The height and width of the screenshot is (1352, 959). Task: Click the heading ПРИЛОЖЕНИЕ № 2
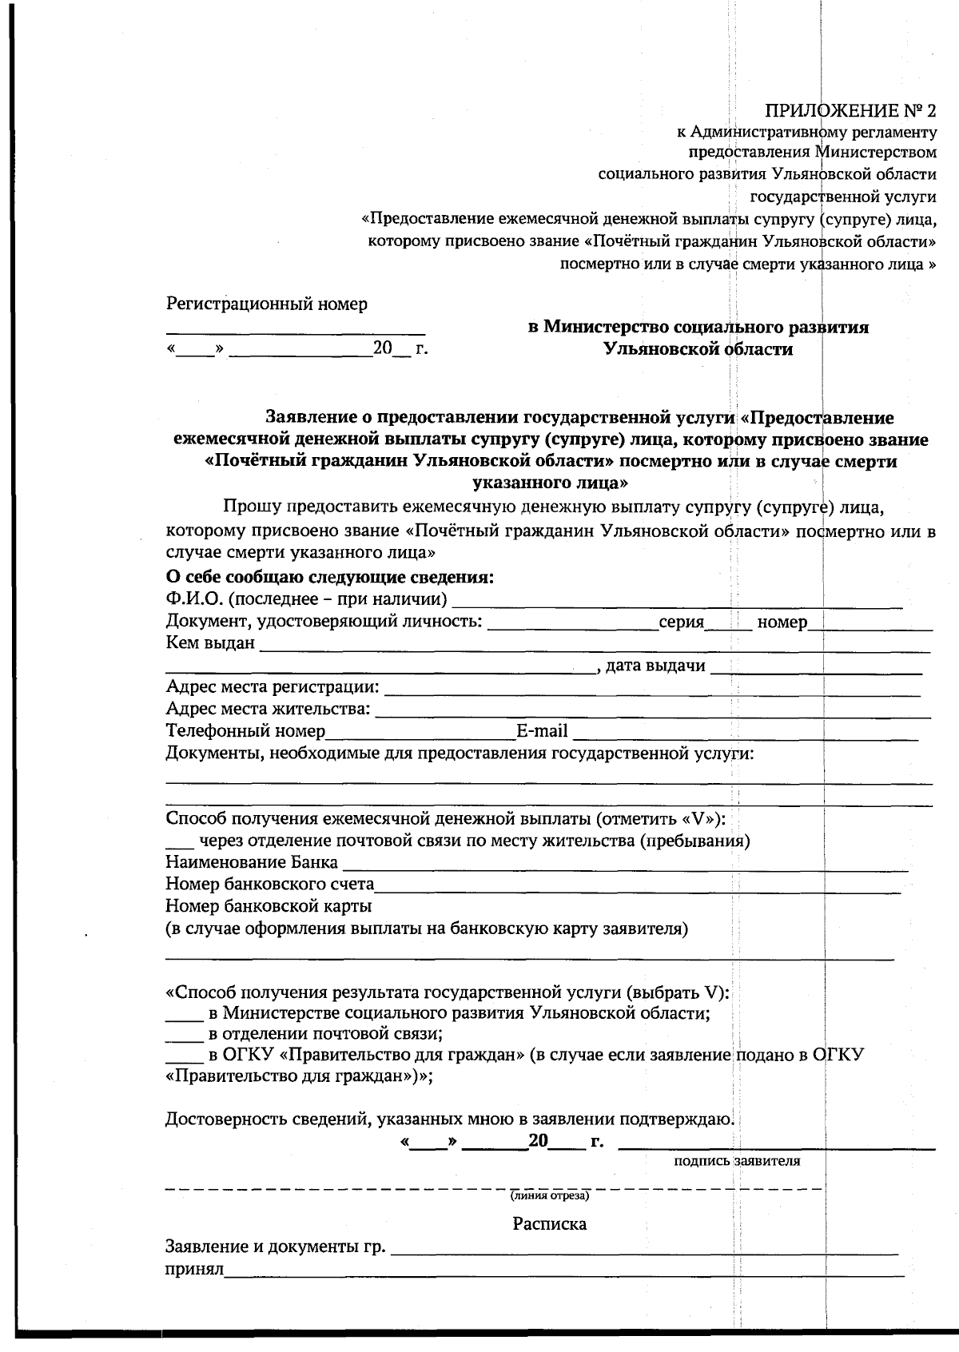pyautogui.click(x=851, y=109)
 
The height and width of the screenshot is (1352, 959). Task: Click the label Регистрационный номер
pyautogui.click(x=267, y=304)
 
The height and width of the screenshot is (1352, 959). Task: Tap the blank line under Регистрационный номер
pyautogui.click(x=296, y=329)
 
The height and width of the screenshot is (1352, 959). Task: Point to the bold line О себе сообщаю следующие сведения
pyautogui.click(x=329, y=577)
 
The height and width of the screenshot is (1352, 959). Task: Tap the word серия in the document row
pyautogui.click(x=681, y=622)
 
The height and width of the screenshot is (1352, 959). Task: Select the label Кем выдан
pyautogui.click(x=210, y=643)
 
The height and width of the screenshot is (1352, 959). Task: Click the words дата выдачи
pyautogui.click(x=655, y=666)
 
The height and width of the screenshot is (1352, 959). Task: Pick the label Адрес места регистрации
pyautogui.click(x=273, y=687)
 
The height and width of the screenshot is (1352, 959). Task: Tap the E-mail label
pyautogui.click(x=542, y=731)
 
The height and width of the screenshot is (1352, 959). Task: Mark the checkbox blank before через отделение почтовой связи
pyautogui.click(x=179, y=844)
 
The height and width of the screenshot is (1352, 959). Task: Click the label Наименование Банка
pyautogui.click(x=251, y=863)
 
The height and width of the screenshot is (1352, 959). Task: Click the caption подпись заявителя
pyautogui.click(x=737, y=1162)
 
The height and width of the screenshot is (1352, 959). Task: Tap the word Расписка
pyautogui.click(x=549, y=1224)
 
